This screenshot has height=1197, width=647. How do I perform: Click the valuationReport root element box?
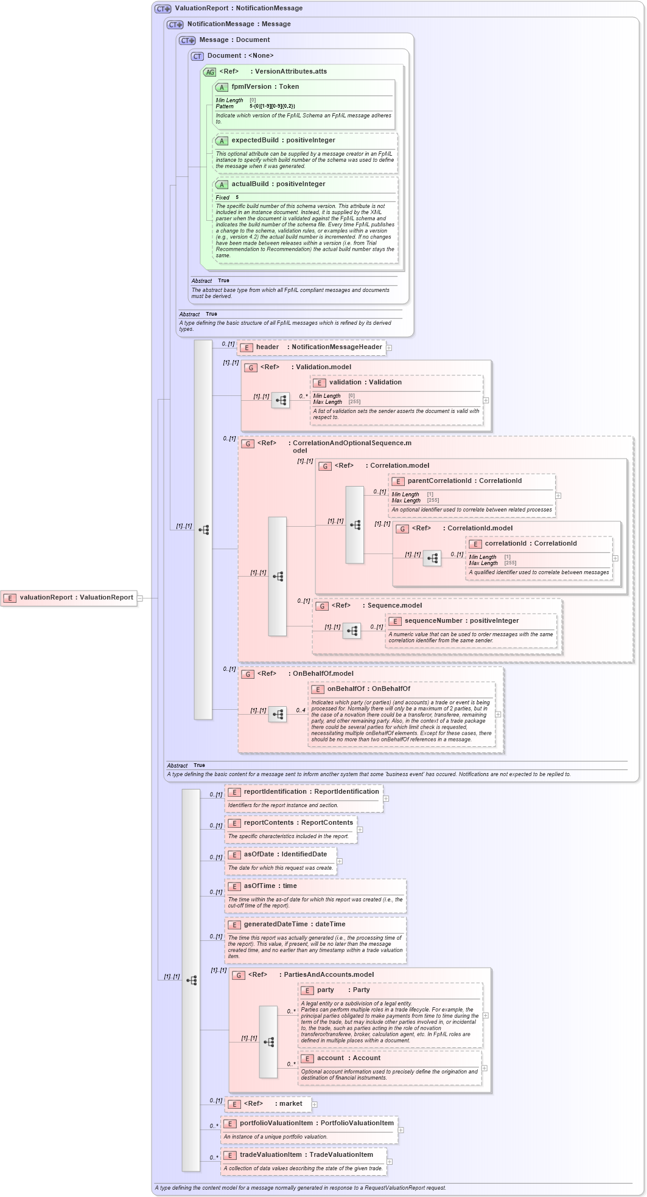click(x=69, y=598)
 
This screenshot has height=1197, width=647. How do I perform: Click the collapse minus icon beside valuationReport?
click(x=140, y=598)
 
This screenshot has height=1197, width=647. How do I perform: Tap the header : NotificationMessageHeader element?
click(x=312, y=347)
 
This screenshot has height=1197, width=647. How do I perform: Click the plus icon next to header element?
click(x=389, y=348)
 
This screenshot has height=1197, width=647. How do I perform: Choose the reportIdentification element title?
click(x=310, y=792)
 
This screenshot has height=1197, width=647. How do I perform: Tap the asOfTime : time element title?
click(x=270, y=886)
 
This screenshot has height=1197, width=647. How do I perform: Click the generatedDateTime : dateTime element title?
click(x=295, y=925)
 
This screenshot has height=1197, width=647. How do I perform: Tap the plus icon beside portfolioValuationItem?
click(x=400, y=1130)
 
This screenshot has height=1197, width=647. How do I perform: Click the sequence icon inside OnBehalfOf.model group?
click(x=278, y=715)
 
